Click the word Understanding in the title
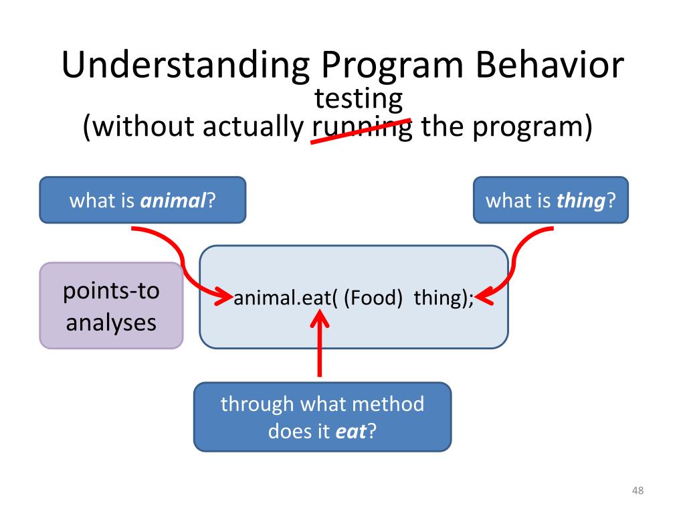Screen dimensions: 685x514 185,66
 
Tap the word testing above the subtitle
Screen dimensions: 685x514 359,100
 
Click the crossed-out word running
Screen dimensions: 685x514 362,128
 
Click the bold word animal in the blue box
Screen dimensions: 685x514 173,201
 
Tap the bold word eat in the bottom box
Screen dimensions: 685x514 351,432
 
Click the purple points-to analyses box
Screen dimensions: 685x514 112,305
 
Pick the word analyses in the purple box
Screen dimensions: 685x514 111,323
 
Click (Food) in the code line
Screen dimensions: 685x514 373,298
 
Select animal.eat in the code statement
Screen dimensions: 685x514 282,298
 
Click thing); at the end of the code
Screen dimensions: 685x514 443,298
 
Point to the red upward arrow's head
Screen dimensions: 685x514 320,318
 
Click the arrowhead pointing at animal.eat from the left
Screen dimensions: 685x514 223,297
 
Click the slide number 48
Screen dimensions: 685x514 638,491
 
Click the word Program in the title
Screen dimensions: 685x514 392,66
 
